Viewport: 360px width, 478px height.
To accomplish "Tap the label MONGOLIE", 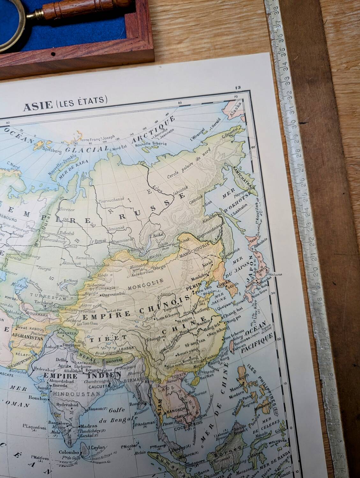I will coord(145,281).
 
